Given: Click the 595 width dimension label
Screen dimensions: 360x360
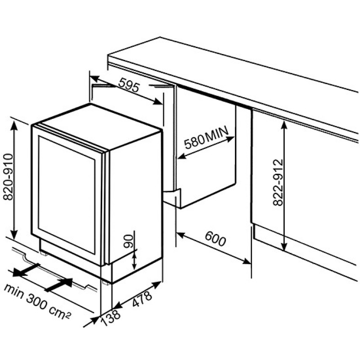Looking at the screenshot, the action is pyautogui.click(x=129, y=85).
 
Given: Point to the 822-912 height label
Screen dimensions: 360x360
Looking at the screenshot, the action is pyautogui.click(x=278, y=182).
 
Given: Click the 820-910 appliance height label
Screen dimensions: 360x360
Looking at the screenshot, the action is pyautogui.click(x=9, y=176).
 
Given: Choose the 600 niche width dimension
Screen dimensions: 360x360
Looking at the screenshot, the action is pyautogui.click(x=215, y=238).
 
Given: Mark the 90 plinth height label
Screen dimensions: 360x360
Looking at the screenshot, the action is pyautogui.click(x=128, y=241).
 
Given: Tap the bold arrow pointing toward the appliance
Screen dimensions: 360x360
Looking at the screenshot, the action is pyautogui.click(x=59, y=285).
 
